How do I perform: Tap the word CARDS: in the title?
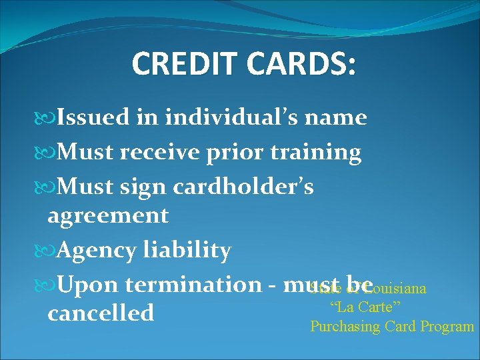[x=301, y=64]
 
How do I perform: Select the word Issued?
[x=93, y=118]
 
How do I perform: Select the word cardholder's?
[x=243, y=187]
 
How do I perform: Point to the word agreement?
[x=108, y=216]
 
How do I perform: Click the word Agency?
[x=98, y=251]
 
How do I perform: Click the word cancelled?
[x=101, y=313]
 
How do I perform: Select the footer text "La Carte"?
[x=365, y=308]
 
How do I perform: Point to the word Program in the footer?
[x=447, y=327]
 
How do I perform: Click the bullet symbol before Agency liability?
[x=50, y=251]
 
